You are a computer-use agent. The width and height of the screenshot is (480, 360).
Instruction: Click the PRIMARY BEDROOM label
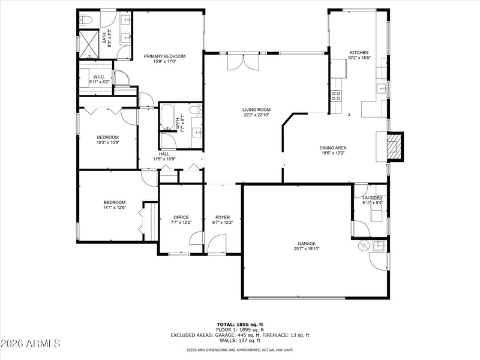tap(164, 56)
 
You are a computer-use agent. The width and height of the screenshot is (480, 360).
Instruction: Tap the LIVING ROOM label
tap(256, 110)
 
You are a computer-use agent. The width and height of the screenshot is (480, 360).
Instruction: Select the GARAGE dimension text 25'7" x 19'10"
tap(306, 249)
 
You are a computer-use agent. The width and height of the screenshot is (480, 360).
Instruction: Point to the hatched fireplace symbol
tap(394, 146)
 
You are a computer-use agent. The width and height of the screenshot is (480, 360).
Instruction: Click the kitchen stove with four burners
tap(336, 96)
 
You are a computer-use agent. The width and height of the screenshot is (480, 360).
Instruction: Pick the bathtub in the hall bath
tap(167, 117)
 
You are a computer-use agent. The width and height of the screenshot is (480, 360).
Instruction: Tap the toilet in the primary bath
tap(86, 20)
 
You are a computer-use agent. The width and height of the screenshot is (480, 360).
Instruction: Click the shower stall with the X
tap(89, 44)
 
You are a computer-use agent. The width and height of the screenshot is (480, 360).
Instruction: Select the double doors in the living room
tap(243, 62)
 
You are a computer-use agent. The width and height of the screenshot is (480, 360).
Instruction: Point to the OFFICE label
tap(181, 217)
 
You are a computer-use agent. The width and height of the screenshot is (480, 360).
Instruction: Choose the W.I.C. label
tap(99, 77)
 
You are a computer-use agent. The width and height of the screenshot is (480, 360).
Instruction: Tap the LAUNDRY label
tap(372, 198)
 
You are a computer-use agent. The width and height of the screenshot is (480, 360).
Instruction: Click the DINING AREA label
tap(333, 148)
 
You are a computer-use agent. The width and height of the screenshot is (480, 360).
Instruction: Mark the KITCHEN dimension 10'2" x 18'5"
tap(359, 58)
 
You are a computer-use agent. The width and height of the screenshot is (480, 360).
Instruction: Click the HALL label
tap(164, 154)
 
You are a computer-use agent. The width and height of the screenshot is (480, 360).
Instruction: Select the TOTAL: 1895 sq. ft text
tap(240, 325)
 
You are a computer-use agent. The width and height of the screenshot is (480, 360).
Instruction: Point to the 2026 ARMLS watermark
tap(30, 343)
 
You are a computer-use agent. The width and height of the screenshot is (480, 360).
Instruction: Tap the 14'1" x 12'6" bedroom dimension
tap(115, 207)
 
